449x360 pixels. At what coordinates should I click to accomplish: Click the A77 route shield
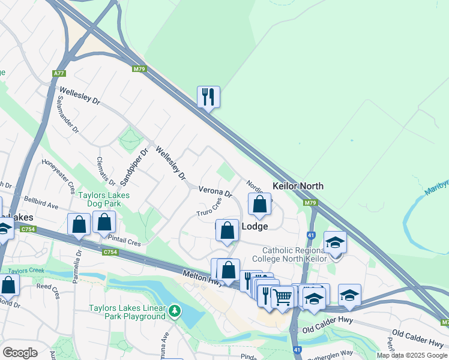[58, 73]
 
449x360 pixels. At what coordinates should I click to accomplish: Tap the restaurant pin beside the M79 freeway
[208, 97]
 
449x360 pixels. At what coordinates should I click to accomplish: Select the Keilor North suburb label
[298, 186]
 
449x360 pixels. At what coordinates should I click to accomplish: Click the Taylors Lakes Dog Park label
[104, 199]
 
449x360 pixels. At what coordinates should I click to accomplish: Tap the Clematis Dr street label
[101, 170]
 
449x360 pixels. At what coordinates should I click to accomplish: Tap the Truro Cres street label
[209, 209]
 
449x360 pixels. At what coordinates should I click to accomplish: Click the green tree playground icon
[174, 311]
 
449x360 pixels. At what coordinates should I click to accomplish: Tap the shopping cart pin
[282, 296]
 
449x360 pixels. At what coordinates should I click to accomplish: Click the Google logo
[20, 353]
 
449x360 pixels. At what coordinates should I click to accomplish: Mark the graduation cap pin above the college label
[336, 243]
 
